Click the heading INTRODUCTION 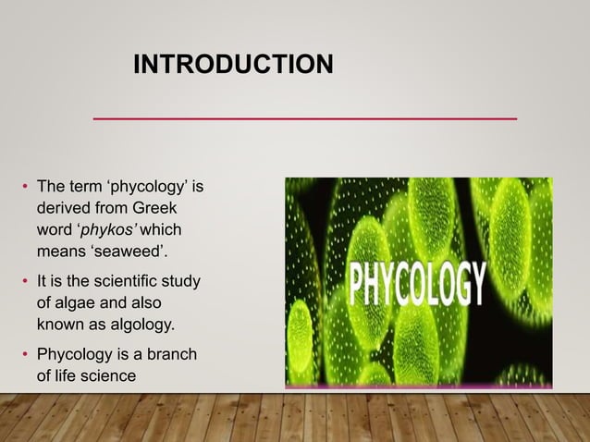233,65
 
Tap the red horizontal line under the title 305,119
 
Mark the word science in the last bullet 106,374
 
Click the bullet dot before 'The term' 26,189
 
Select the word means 60,250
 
